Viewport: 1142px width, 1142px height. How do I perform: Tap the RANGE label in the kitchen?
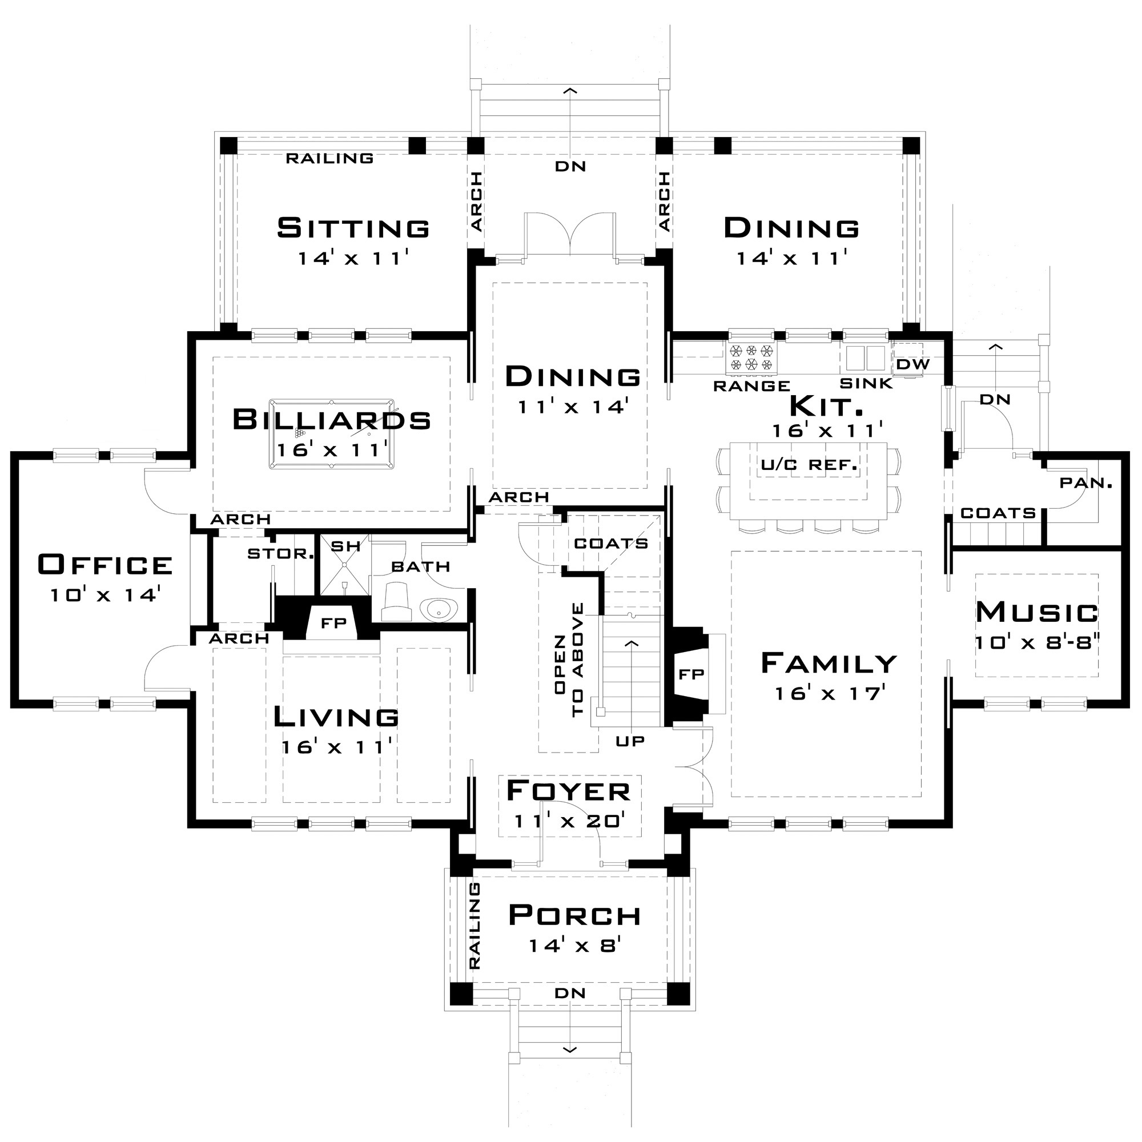click(751, 386)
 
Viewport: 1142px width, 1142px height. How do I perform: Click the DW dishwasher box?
click(912, 364)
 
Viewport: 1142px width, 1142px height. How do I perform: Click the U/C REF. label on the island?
click(809, 465)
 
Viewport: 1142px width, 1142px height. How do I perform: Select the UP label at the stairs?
click(630, 741)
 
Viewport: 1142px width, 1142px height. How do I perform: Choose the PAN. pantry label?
click(1086, 483)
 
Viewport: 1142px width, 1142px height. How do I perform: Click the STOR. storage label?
click(280, 554)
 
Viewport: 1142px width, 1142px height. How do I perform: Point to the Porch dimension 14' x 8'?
click(573, 946)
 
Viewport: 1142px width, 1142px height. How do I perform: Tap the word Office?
click(105, 565)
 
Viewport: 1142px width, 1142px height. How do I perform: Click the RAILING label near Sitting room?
click(329, 158)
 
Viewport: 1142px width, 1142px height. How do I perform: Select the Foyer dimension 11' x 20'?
click(569, 821)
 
